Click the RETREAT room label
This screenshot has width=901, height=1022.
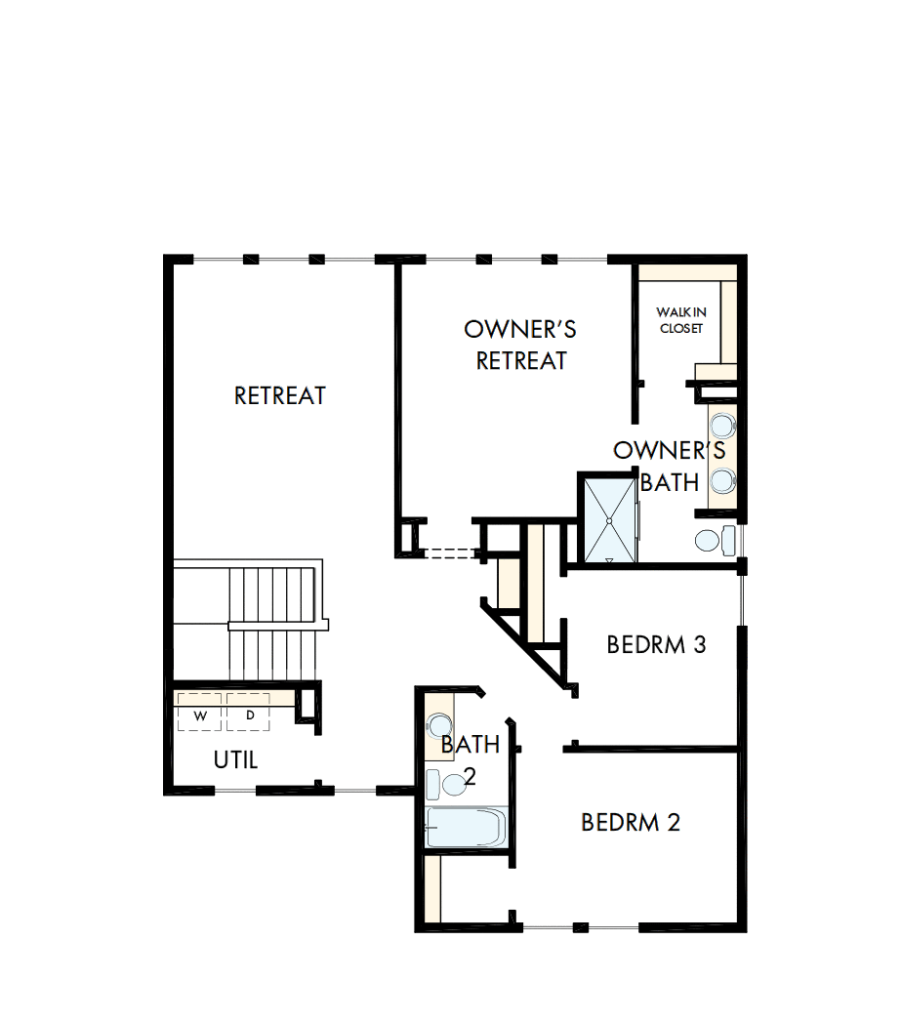(280, 396)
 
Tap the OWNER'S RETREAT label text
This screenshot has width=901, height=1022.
(520, 345)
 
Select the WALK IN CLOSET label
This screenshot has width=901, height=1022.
(681, 320)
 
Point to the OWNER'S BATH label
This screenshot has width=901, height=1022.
(670, 466)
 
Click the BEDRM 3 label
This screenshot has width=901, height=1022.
(656, 645)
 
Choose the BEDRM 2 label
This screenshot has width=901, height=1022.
(631, 823)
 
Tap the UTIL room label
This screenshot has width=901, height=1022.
(236, 760)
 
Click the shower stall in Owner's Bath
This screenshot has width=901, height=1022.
(608, 518)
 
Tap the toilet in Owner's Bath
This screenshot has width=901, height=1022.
(716, 540)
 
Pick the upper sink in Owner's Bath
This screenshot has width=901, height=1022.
(723, 426)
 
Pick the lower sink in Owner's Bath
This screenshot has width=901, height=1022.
(723, 480)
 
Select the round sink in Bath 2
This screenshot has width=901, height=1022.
(439, 725)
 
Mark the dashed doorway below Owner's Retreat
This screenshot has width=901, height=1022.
(447, 553)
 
